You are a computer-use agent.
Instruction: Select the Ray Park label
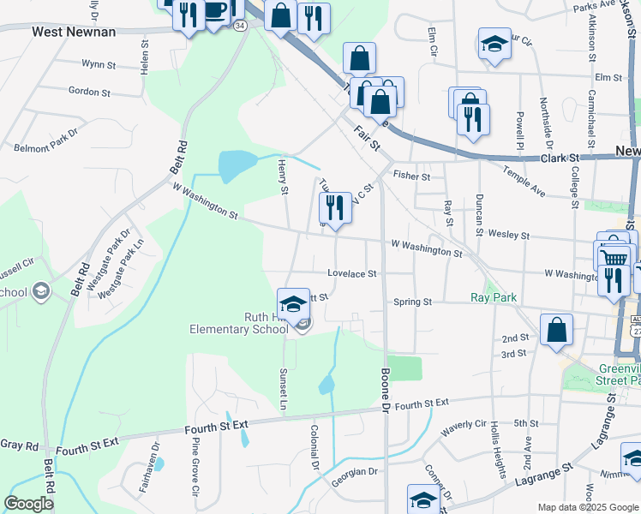click(x=494, y=298)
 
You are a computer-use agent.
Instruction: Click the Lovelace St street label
click(x=352, y=273)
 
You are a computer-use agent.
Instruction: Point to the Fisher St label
click(x=411, y=176)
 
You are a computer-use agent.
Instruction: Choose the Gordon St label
click(x=85, y=91)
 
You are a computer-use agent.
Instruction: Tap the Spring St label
click(x=412, y=302)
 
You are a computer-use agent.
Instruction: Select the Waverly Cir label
click(x=464, y=423)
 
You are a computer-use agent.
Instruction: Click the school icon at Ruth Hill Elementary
click(x=293, y=303)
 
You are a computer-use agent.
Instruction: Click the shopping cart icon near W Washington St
click(x=613, y=256)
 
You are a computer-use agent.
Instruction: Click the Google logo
click(x=28, y=504)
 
